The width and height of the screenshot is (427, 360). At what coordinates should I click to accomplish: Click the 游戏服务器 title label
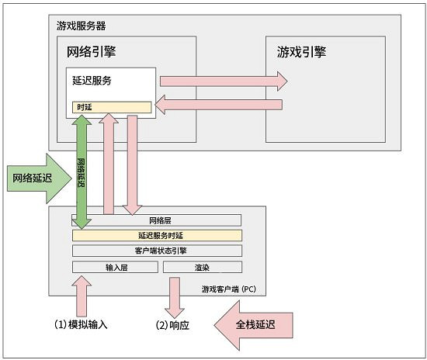pos(81,26)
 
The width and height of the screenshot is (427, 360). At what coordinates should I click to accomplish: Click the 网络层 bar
pos(156,220)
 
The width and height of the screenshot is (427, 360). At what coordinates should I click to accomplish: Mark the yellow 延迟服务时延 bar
pos(156,235)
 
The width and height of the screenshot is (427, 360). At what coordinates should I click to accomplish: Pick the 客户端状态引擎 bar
pos(156,251)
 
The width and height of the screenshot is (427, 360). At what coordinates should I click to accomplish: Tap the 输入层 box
pos(115,267)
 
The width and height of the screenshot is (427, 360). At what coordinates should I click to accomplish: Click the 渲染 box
pos(202,267)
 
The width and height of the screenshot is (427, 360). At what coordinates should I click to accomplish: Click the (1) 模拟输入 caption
pos(80,324)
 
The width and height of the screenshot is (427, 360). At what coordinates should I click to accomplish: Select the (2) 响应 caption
pos(172,324)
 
